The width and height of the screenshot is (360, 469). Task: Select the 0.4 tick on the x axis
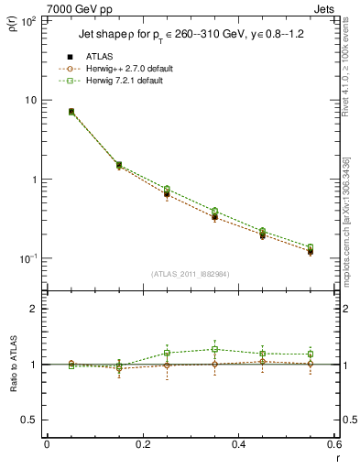(x=238, y=444)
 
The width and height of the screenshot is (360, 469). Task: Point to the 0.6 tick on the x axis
(x=334, y=444)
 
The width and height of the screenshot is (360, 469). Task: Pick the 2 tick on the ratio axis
(x=33, y=309)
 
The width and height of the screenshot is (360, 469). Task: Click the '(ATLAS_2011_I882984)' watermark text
(x=190, y=274)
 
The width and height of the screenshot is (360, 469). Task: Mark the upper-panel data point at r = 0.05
(x=71, y=112)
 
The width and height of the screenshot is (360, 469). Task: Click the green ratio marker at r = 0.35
(x=214, y=349)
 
